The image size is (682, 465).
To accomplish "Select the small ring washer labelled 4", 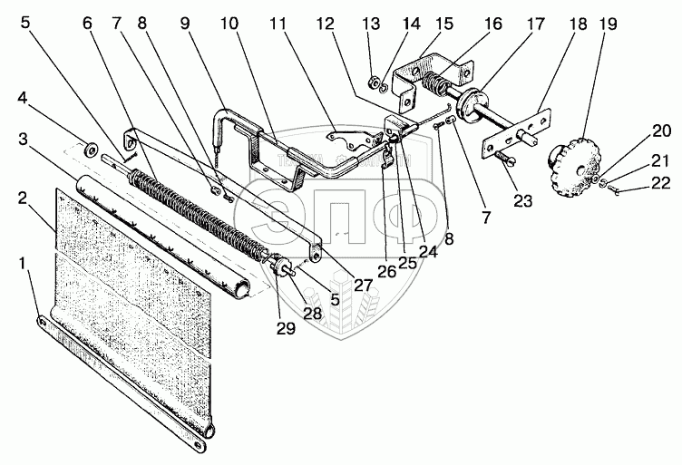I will click(91, 146).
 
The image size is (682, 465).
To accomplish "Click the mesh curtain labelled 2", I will click(136, 299).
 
